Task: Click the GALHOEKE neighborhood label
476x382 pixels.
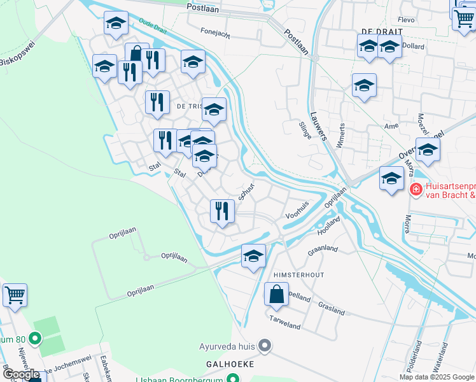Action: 230,364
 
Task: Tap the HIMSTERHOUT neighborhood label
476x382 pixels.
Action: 298,274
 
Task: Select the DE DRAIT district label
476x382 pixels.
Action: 374,31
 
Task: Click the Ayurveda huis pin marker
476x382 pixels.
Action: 265,346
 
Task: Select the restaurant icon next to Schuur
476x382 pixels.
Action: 221,211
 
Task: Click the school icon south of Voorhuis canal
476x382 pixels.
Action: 253,257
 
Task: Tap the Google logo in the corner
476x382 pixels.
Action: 21,374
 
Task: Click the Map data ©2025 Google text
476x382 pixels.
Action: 437,376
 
